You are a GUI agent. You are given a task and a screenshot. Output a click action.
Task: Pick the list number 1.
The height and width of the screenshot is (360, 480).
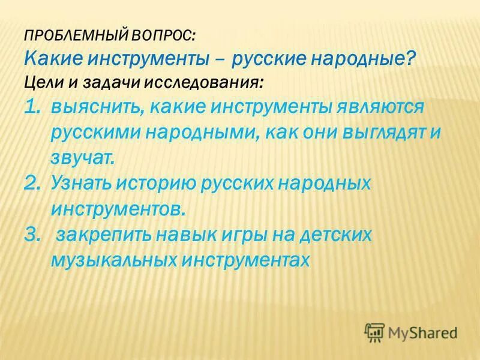point(32,106)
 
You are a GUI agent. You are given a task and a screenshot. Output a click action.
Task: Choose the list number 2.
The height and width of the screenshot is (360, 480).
point(33,183)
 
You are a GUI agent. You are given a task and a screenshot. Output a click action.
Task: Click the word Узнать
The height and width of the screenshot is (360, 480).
point(82,183)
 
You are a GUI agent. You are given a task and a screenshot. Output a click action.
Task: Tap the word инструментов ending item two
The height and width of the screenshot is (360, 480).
point(124,209)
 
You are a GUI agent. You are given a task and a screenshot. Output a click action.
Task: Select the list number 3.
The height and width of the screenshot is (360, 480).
point(33,235)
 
